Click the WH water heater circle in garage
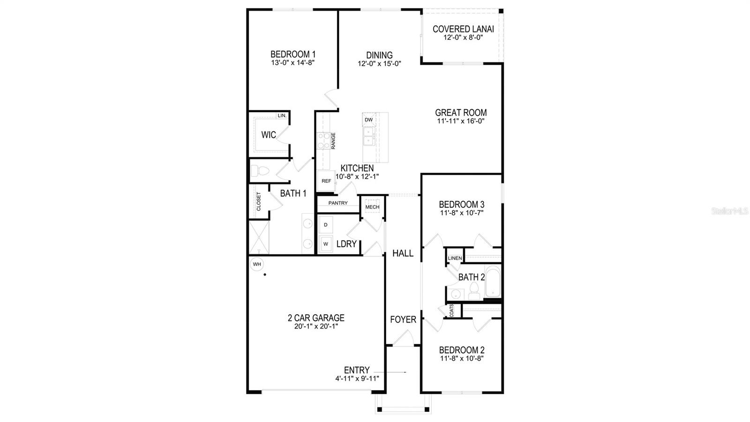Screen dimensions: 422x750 click(257, 264)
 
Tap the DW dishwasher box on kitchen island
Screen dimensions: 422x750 click(369, 120)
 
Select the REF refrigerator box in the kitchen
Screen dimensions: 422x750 click(326, 181)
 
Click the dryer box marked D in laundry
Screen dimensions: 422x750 click(326, 225)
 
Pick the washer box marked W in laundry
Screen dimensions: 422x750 click(326, 244)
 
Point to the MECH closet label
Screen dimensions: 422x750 click(372, 207)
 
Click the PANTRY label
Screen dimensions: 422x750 click(338, 203)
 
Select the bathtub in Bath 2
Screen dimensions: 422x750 click(493, 281)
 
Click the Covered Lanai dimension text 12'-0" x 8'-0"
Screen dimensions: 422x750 click(463, 38)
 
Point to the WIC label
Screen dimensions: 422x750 click(269, 135)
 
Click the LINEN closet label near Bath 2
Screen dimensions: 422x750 click(455, 258)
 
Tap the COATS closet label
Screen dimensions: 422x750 click(451, 311)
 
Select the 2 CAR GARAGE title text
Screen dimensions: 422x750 click(316, 318)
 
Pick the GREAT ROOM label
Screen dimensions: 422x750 click(461, 113)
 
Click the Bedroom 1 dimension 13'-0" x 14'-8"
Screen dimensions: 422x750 click(292, 62)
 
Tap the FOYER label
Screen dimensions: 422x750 click(403, 320)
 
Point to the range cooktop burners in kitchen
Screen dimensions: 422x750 click(323, 141)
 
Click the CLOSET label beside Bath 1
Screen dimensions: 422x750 click(258, 201)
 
